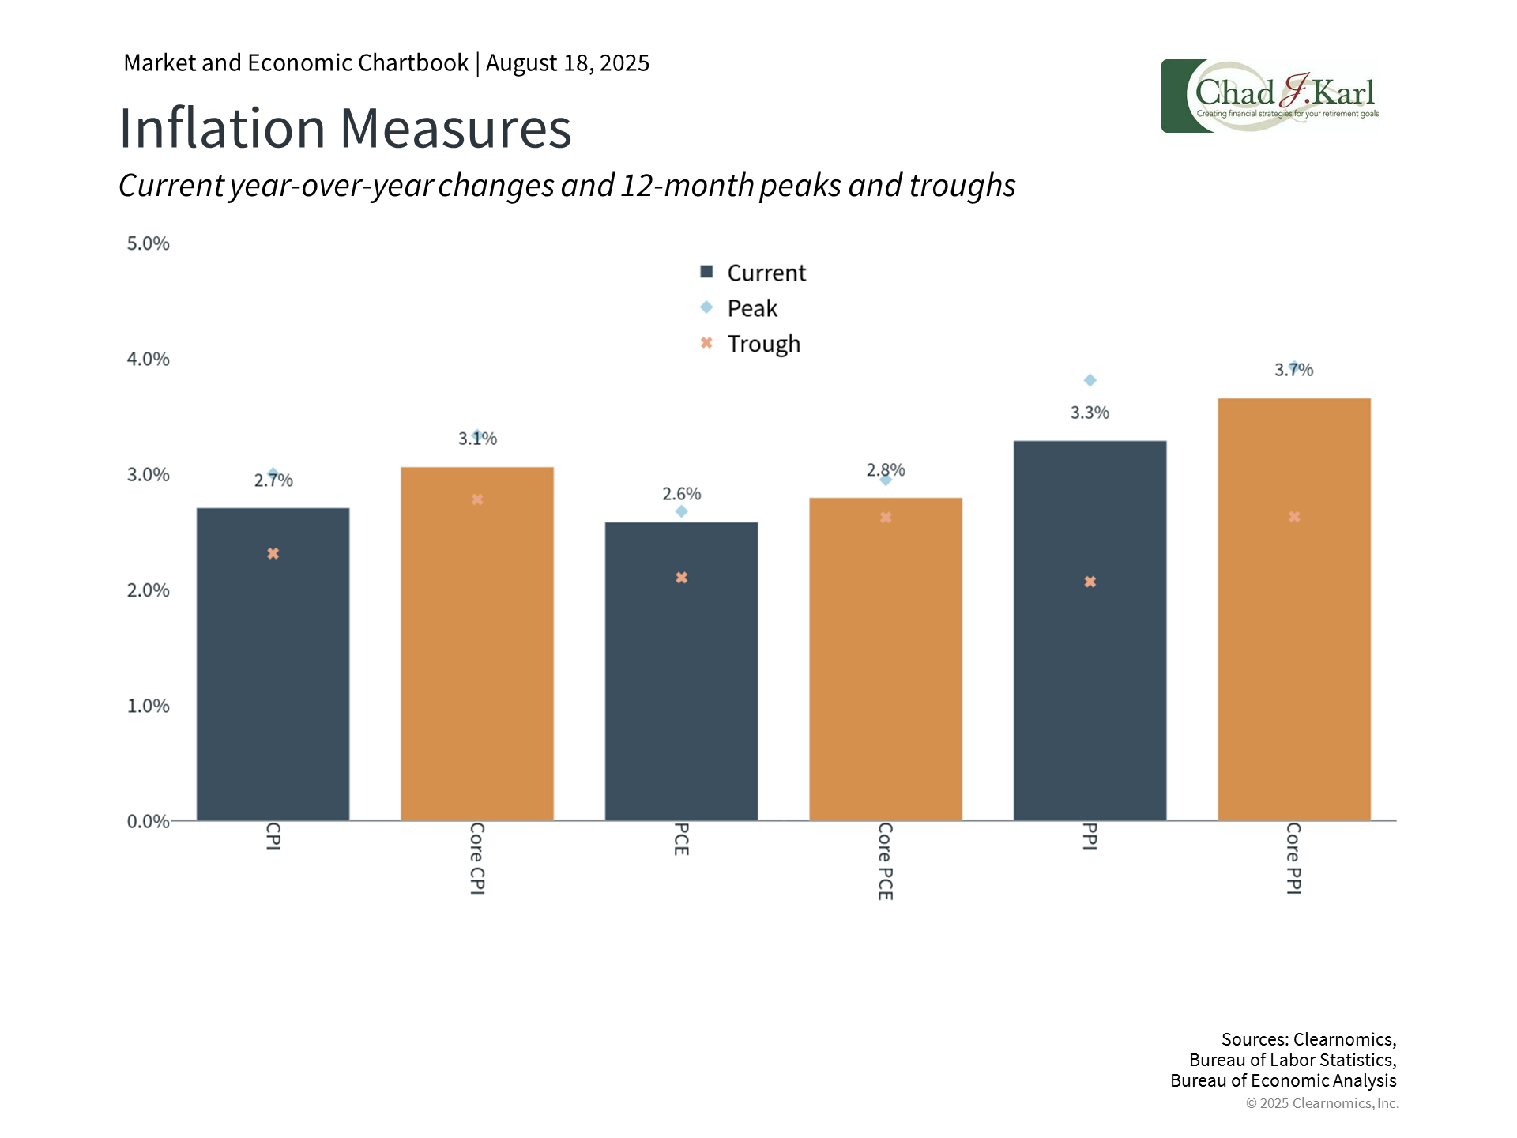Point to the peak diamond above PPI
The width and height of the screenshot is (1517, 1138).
[x=1090, y=381]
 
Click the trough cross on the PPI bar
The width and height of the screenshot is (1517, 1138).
[x=1090, y=582]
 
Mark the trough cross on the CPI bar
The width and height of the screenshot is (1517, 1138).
[x=273, y=553]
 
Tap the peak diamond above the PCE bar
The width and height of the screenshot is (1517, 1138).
[x=682, y=511]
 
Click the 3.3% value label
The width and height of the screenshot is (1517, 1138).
[x=1090, y=413]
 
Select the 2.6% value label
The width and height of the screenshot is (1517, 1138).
[x=681, y=494]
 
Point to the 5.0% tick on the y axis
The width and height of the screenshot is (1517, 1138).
[x=149, y=243]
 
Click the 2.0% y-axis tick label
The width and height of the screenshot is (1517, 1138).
[x=149, y=590]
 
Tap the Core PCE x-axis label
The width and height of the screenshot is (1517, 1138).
[x=886, y=861]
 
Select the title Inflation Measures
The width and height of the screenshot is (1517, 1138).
[x=345, y=128]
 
